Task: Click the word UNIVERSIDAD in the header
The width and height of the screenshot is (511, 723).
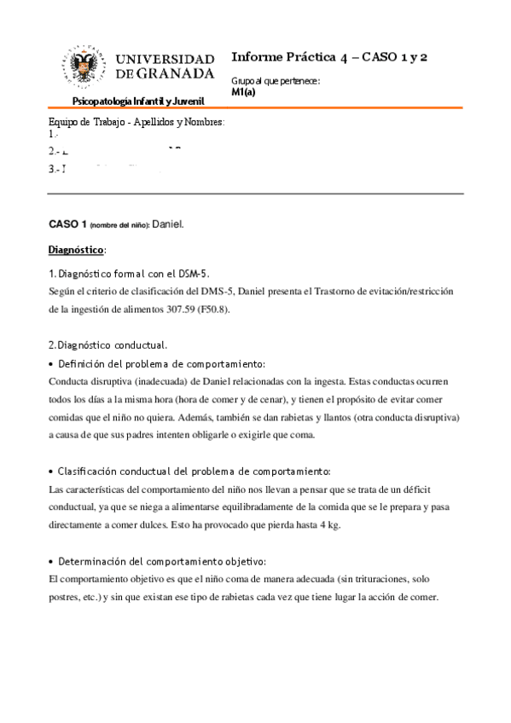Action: click(165, 59)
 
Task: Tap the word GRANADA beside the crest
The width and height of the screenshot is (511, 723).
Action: click(174, 73)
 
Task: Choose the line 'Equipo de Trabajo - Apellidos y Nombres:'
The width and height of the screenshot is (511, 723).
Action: click(136, 122)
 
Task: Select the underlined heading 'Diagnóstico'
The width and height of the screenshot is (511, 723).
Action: click(75, 249)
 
